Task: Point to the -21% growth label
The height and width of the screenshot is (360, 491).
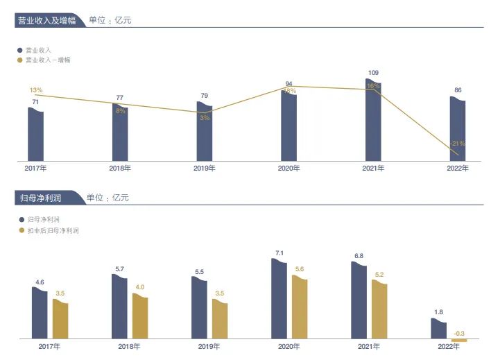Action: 457,144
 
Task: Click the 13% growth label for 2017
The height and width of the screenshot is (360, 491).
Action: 37,90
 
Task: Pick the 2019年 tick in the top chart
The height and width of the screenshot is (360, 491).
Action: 204,169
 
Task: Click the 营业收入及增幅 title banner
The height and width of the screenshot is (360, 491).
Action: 47,20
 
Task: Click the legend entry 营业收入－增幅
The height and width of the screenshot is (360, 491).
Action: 48,60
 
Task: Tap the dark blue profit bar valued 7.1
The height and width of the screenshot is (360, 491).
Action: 279,299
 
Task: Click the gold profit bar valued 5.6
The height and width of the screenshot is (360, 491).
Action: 299,307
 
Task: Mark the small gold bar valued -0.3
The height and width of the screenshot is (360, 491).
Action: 459,341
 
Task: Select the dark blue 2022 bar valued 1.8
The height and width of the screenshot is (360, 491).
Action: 438,329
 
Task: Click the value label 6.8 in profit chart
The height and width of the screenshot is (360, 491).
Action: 359,256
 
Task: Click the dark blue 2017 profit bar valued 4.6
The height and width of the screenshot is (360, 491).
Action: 40,313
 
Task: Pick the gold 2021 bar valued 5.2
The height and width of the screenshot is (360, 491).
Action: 379,310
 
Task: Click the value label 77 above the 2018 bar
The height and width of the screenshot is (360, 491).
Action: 119,98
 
